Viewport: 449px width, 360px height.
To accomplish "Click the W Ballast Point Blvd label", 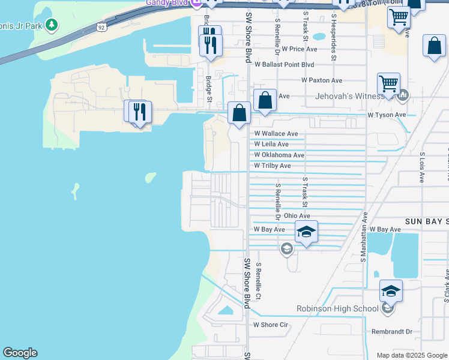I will coord(284,64).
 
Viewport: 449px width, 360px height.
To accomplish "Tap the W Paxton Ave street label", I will coord(321,80).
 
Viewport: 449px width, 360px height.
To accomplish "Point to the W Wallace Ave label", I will coord(276,134).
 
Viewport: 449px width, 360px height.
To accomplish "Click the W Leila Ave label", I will coord(271,144).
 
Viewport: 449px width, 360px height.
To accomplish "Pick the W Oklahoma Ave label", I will coord(279,155).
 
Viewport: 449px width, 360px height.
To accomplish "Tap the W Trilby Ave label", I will coord(273,166).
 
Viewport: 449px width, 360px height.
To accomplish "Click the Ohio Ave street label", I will coord(297,216).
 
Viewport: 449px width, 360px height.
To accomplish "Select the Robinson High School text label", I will coord(337,309).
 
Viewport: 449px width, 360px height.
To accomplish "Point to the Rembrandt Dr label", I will coord(392,331).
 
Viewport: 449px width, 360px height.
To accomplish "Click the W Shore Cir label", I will coord(271,325).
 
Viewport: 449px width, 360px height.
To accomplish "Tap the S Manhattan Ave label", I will coord(363,236).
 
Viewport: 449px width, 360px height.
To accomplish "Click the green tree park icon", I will coord(53,25).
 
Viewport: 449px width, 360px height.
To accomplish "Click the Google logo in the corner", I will coord(20,353).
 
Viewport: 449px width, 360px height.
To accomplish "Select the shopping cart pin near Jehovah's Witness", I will coord(388,84).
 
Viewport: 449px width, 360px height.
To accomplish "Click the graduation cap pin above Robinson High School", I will coord(391,291).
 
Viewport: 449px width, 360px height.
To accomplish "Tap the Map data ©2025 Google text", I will coord(411,355).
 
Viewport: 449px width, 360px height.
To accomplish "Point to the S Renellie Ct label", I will coord(258,281).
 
